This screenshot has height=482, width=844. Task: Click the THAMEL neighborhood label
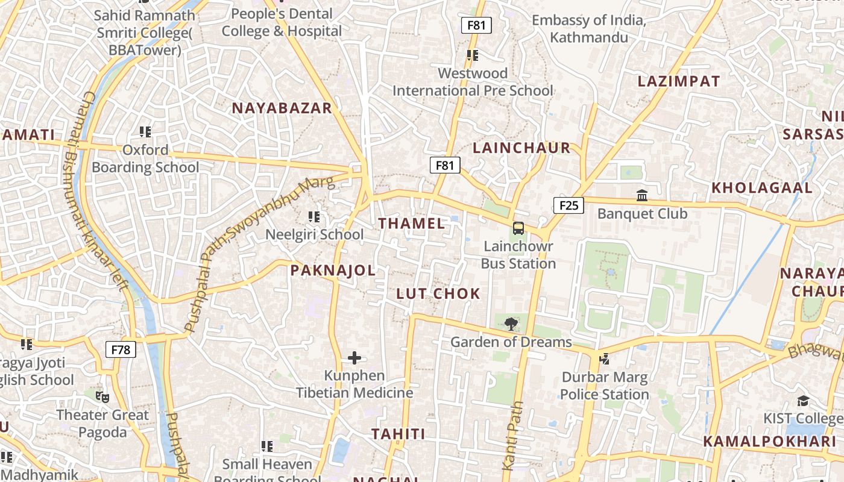point(412,224)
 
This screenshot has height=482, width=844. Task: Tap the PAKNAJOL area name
point(333,271)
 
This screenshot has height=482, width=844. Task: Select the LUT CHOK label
point(438,294)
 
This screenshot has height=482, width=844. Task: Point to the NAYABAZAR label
point(282,108)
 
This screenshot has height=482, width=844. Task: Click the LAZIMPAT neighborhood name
point(679,81)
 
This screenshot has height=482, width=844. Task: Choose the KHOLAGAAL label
point(762,188)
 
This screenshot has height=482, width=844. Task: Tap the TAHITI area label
point(398,434)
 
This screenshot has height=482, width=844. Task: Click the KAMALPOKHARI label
point(770,442)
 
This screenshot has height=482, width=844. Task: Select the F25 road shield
point(568,205)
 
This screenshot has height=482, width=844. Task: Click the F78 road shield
point(121,349)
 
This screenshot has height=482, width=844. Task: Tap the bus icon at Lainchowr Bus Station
point(518,228)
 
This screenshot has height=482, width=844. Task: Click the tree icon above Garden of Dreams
point(511,324)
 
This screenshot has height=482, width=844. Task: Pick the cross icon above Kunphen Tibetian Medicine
point(354,358)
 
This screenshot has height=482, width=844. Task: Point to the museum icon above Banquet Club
point(642,196)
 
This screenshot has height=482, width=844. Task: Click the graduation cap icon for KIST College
point(803,401)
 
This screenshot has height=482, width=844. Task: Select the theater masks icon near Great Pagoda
point(102,397)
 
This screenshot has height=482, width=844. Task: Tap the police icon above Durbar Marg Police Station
point(604,360)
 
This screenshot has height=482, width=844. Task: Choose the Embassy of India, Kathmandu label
point(588,29)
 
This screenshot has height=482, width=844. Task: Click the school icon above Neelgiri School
point(314,216)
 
